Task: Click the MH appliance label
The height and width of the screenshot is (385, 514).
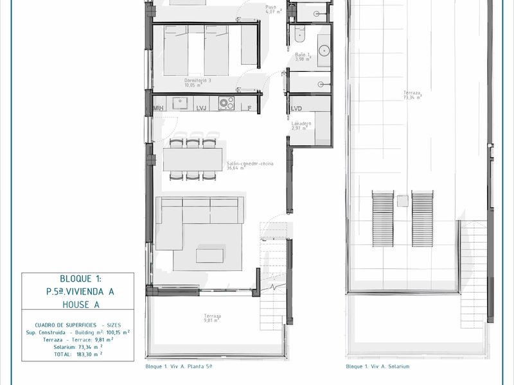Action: (158, 108)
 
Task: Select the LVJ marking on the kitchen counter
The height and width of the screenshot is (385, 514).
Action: (200, 108)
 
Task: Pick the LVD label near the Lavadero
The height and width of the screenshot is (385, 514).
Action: (296, 109)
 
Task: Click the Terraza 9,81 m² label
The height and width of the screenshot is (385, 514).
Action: (213, 318)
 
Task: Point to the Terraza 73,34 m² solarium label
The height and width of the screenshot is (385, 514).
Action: (412, 96)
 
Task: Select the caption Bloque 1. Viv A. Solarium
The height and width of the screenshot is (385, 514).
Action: (377, 366)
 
